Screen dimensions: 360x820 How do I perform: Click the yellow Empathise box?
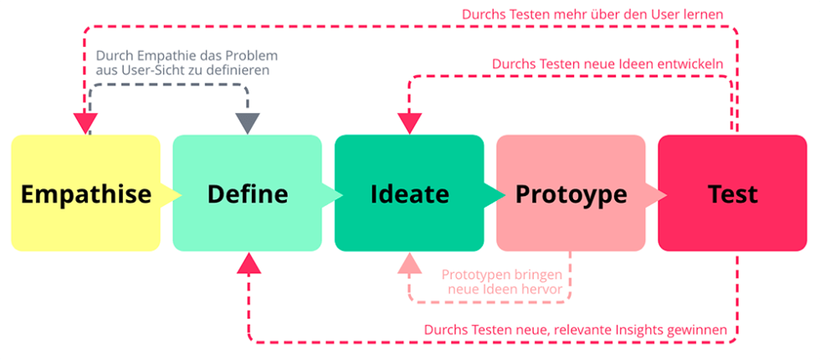[85, 193]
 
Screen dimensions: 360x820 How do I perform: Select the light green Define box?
[247, 193]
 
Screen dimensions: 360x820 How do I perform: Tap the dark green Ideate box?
[409, 193]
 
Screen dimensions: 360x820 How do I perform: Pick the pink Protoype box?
[571, 193]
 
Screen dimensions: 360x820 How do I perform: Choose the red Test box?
[732, 193]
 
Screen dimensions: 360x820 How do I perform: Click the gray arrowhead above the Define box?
[248, 123]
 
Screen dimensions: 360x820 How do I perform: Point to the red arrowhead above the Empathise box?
[85, 123]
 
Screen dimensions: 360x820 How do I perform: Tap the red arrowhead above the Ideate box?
[409, 123]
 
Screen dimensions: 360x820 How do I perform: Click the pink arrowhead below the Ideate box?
[409, 265]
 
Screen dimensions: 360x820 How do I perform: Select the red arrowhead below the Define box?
[248, 265]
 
